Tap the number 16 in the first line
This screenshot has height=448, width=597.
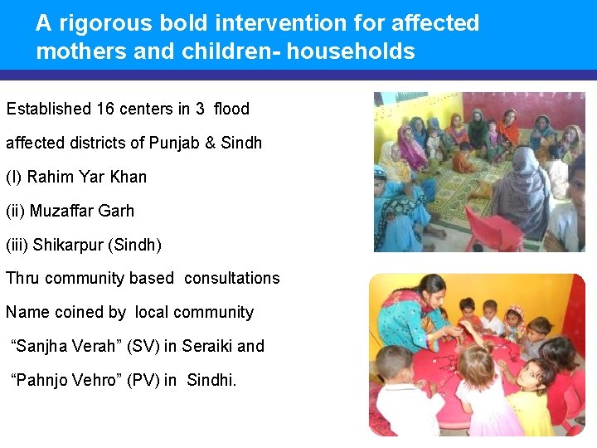[105, 109]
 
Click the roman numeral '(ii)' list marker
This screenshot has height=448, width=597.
[16, 211]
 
